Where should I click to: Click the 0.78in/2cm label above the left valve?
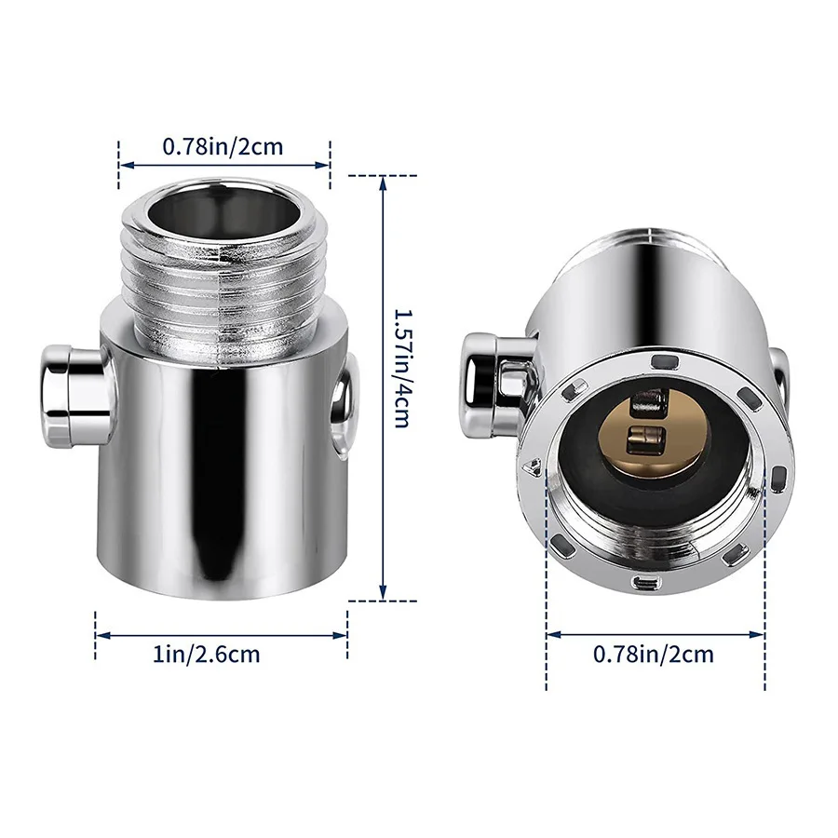223,145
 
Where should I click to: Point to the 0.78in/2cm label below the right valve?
654,654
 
